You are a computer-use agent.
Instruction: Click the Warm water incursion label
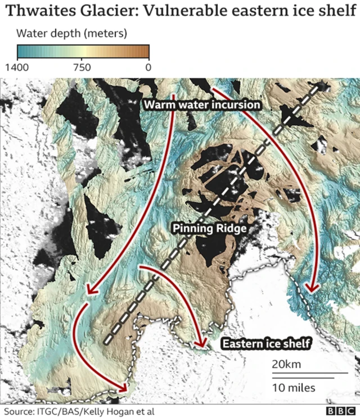pyautogui.click(x=202, y=104)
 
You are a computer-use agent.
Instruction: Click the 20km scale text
pyautogui.click(x=286, y=365)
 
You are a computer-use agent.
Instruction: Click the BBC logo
pyautogui.click(x=339, y=411)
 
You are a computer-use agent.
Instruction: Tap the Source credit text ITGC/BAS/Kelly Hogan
pyautogui.click(x=79, y=411)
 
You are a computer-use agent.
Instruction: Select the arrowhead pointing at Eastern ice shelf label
pyautogui.click(x=199, y=342)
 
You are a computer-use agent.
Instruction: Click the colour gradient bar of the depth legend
pyautogui.click(x=83, y=52)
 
